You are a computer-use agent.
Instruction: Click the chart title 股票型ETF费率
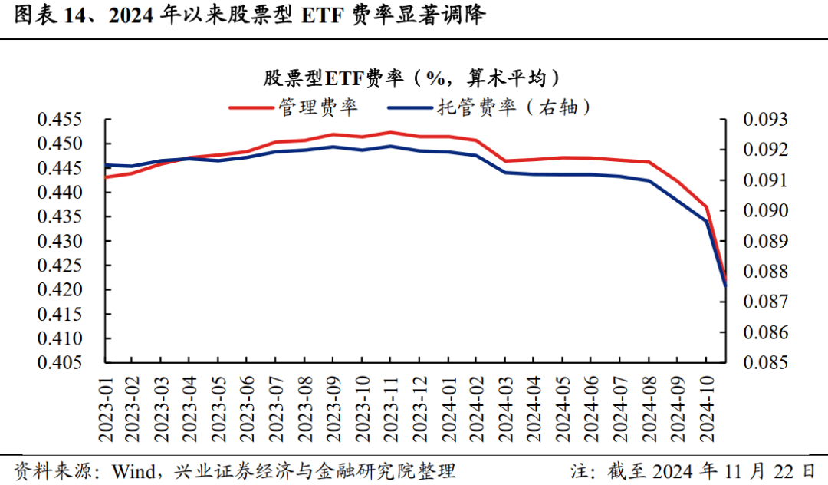411,78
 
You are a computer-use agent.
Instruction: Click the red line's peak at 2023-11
390,132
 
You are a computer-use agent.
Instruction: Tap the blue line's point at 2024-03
504,172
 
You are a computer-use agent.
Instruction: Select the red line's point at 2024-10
706,207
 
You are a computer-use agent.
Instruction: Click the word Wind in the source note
132,470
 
